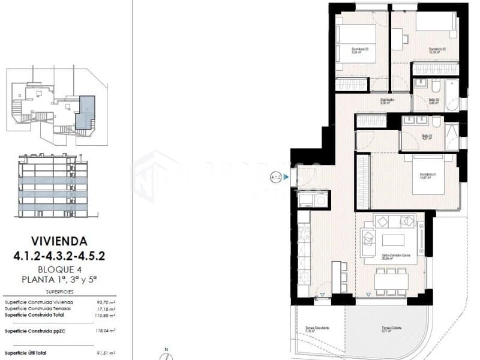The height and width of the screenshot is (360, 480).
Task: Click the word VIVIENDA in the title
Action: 59,242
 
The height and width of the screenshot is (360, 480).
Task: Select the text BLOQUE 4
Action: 59,269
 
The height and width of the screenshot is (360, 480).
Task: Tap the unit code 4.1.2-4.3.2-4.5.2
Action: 59,256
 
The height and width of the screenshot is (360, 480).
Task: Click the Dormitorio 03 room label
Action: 360,50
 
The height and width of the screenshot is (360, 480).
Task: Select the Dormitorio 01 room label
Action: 427,176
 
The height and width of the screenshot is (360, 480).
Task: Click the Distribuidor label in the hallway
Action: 386,101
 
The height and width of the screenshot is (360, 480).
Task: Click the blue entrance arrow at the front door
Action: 286,176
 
